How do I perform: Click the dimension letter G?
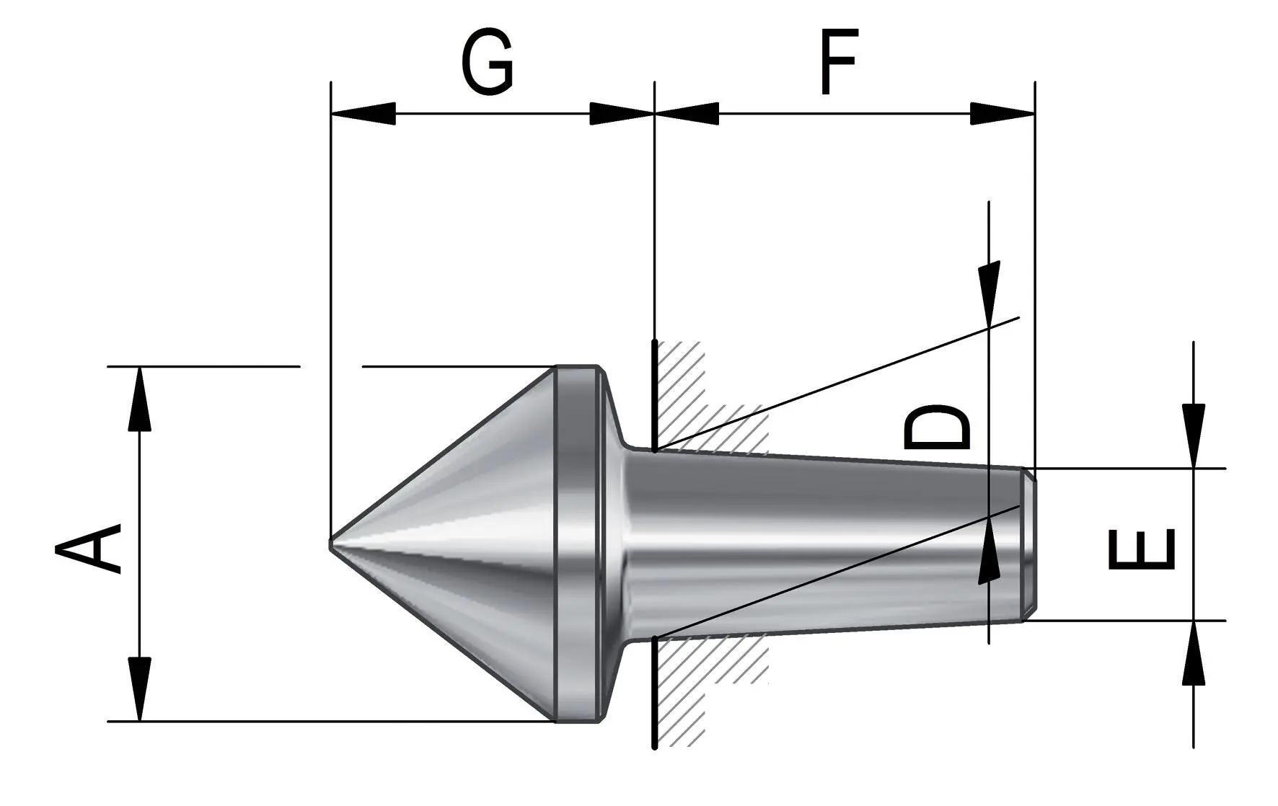(488, 63)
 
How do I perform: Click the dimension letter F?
(839, 62)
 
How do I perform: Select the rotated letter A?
(88, 549)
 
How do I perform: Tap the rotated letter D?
(937, 428)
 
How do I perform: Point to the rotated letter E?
(1141, 549)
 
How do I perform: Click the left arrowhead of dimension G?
(363, 114)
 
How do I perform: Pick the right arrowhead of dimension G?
(622, 114)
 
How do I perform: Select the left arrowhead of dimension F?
(687, 114)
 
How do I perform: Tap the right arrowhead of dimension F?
(1002, 114)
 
